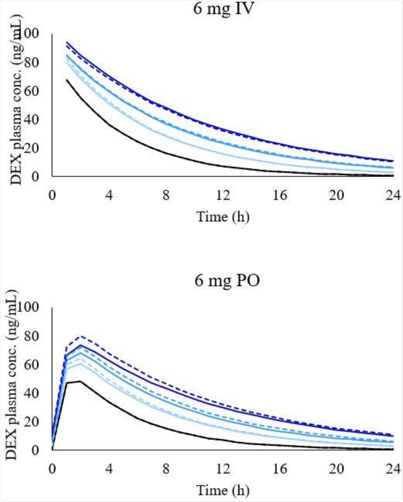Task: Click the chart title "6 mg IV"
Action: [224, 9]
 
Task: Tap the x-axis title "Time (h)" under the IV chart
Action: [223, 216]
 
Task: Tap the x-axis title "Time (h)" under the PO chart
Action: [223, 490]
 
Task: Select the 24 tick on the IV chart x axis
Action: [393, 195]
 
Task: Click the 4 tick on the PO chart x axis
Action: [109, 469]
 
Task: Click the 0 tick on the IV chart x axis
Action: [52, 195]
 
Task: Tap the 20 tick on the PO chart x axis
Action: [337, 469]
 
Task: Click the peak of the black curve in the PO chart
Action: [80, 381]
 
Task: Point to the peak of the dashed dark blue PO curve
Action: [81, 336]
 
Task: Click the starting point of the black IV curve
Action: [67, 80]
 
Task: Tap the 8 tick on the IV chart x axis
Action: [166, 195]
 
